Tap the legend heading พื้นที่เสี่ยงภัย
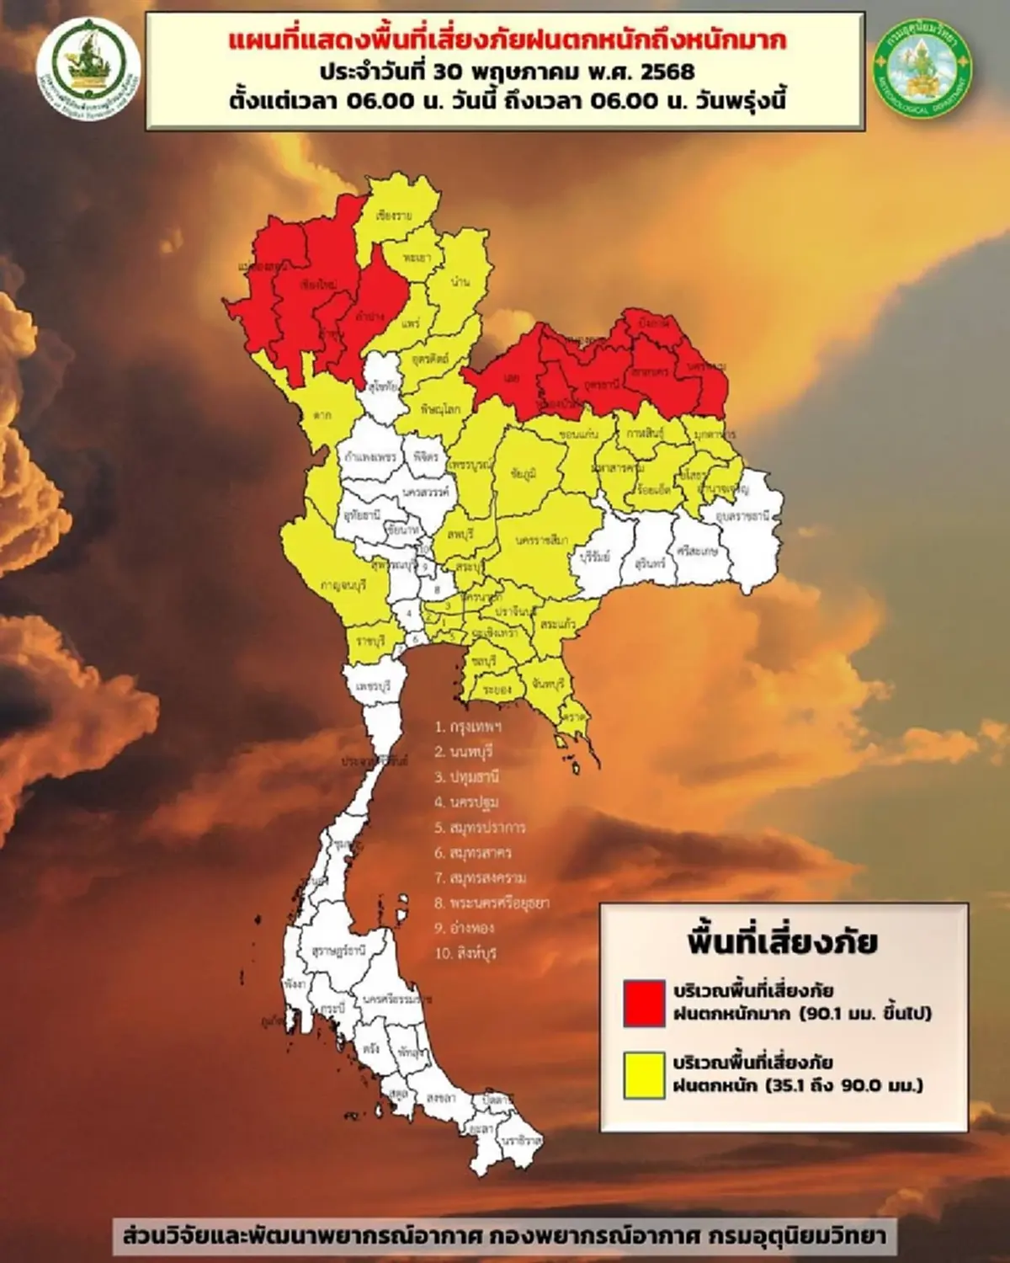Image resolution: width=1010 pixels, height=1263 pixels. point(782,941)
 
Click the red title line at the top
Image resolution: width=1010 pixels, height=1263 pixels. point(508,40)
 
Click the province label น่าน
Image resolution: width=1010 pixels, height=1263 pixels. point(460,281)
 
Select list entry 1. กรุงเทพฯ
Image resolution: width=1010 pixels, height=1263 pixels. point(468,727)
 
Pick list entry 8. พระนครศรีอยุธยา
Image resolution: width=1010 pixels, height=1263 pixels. point(492,903)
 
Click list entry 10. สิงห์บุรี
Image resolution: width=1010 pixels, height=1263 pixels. point(465,954)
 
